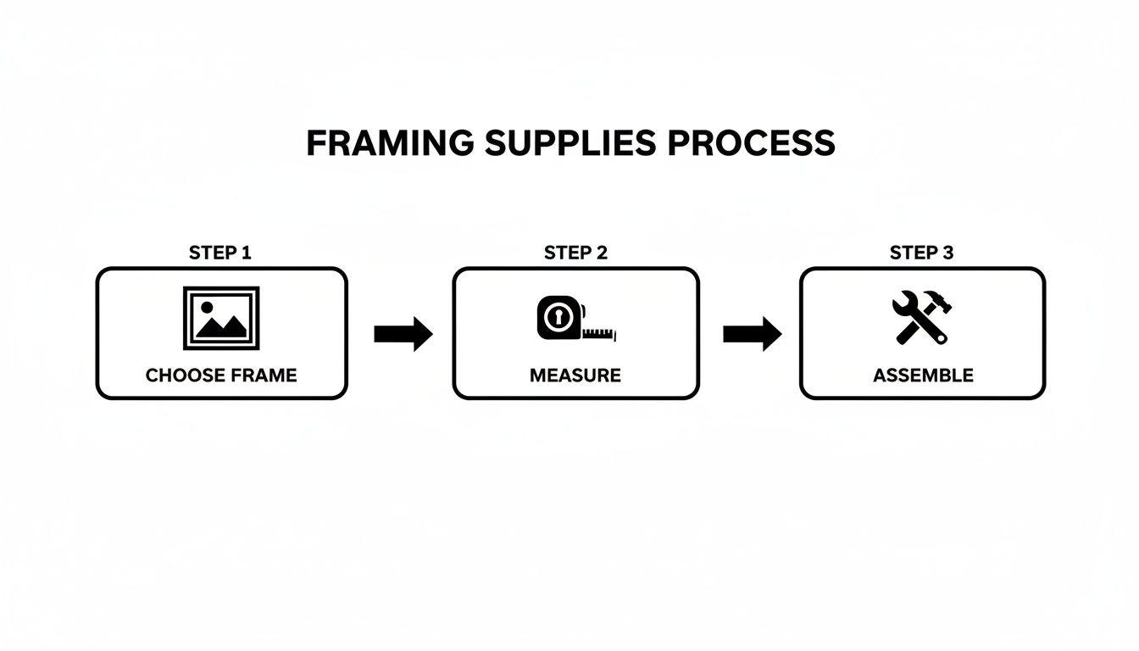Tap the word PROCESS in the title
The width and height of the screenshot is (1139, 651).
751,143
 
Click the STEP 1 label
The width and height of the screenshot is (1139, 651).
220,253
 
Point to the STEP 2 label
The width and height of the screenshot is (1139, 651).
575,253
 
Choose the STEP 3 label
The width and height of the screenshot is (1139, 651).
921,253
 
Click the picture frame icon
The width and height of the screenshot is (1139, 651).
221,318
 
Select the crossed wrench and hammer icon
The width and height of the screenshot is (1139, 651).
922,317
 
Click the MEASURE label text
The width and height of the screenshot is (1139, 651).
575,375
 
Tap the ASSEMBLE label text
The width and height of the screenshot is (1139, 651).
923,375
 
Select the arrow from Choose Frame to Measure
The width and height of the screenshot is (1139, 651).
403,334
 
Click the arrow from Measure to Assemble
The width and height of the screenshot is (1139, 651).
752,334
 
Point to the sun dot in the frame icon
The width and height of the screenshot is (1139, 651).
206,306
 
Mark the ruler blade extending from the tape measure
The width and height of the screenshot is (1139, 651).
600,333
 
